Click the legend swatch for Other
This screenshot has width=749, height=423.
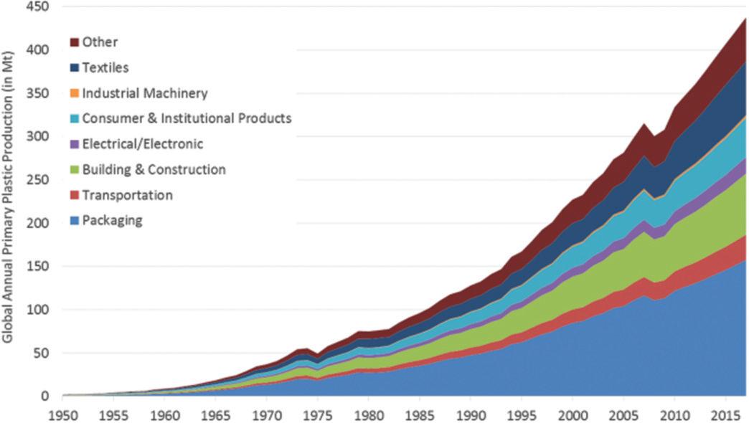(x=75, y=43)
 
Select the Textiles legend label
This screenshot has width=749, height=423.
(x=105, y=67)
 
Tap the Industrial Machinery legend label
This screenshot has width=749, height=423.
(x=145, y=93)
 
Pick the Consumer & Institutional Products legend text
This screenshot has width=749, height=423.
(x=187, y=118)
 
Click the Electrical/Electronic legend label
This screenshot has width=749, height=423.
(x=143, y=144)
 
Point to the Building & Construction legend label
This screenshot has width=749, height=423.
(x=154, y=170)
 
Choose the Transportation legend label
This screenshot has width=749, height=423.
(x=128, y=195)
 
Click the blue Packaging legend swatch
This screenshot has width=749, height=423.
(x=75, y=221)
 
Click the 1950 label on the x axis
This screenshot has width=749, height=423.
(x=62, y=414)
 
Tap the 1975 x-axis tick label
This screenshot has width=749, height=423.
(x=316, y=414)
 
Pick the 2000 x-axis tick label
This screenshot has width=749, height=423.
(x=572, y=414)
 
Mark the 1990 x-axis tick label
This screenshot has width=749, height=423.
(x=470, y=414)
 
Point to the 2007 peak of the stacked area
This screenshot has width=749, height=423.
(x=643, y=125)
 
